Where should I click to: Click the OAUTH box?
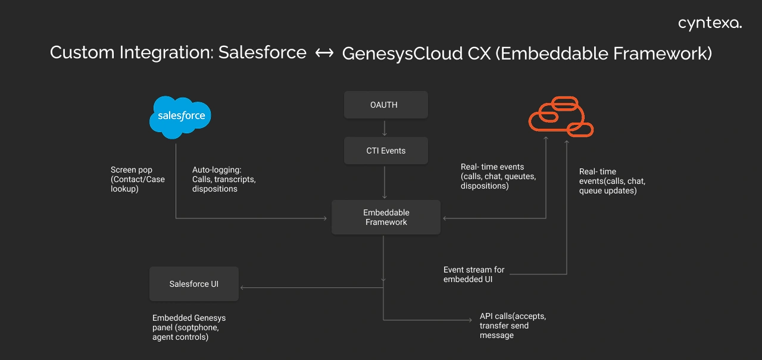pyautogui.click(x=386, y=105)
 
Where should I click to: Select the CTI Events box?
pyautogui.click(x=386, y=151)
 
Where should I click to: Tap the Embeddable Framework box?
pyautogui.click(x=386, y=217)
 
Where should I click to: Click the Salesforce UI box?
pyautogui.click(x=193, y=284)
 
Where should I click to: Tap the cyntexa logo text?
pyautogui.click(x=710, y=24)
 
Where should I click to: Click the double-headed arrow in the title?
pyautogui.click(x=324, y=53)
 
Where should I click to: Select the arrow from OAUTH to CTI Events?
pyautogui.click(x=385, y=127)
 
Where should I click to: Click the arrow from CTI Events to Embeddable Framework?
pyautogui.click(x=385, y=182)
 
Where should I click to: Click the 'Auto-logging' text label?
pyautogui.click(x=223, y=179)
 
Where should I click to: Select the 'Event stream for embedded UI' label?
pyautogui.click(x=474, y=274)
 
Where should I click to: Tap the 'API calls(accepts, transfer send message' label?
pyautogui.click(x=512, y=325)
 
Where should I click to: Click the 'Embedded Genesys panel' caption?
pyautogui.click(x=189, y=327)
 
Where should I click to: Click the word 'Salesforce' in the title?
pyautogui.click(x=262, y=52)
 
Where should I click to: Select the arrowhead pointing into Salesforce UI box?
pyautogui.click(x=243, y=288)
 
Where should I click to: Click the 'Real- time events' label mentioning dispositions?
pyautogui.click(x=498, y=176)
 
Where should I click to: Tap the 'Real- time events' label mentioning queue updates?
pyautogui.click(x=611, y=181)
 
